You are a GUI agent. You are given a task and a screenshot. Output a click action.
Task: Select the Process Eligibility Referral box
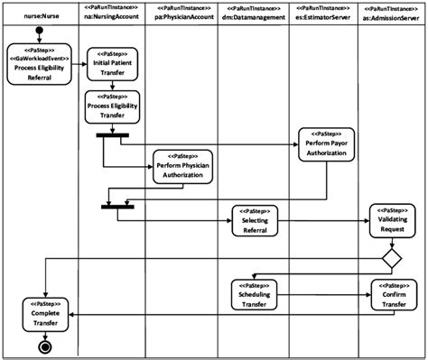pos(38,65)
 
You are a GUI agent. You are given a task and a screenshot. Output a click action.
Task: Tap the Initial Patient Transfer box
pos(112,65)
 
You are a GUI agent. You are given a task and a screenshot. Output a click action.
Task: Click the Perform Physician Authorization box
pos(180,164)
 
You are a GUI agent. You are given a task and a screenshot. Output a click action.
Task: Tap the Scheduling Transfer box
pos(256,292)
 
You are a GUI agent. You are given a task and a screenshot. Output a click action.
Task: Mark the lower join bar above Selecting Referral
pos(117,206)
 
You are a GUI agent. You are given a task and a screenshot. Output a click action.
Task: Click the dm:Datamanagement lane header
pos(256,15)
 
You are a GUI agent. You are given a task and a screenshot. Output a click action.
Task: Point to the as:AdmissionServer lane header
pos(393,15)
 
